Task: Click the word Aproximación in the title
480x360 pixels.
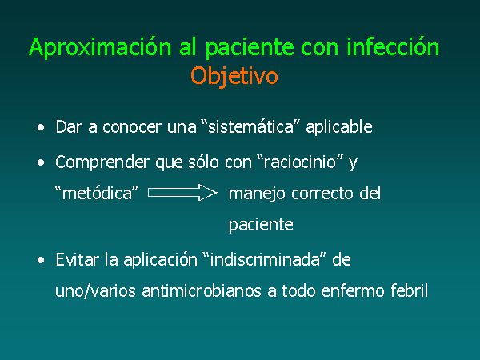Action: (x=100, y=47)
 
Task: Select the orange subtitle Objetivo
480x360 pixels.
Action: (x=234, y=76)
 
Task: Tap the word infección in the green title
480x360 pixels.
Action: (x=393, y=46)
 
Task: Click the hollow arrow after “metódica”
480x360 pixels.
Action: (x=182, y=193)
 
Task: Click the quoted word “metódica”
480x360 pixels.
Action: (x=97, y=193)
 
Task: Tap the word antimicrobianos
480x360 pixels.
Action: (x=202, y=290)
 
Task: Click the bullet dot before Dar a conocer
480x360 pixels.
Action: (x=41, y=127)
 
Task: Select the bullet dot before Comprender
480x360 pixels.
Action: (x=41, y=162)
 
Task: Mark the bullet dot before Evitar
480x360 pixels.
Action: (x=41, y=261)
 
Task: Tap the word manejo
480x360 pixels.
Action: (x=257, y=194)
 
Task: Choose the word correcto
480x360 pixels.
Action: (x=322, y=194)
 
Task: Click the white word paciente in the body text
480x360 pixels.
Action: (x=261, y=225)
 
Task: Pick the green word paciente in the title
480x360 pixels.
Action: (x=250, y=48)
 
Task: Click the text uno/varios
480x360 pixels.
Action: (x=95, y=290)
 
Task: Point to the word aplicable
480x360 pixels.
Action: (x=339, y=126)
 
